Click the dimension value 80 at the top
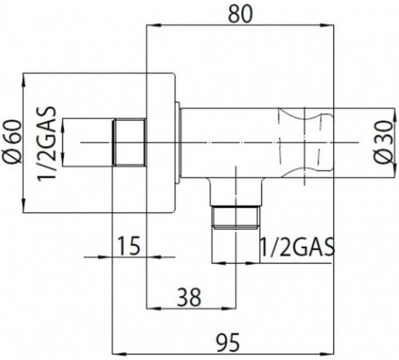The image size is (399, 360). pos(241,14)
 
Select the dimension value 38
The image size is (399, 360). pos(189,297)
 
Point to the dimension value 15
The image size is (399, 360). pos(129,246)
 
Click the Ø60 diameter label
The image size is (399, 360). pos(12,142)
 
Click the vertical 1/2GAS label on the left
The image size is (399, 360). pos(47,143)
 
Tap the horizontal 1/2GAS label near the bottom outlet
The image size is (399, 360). pos(297,247)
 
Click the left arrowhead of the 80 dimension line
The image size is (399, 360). pos(154,25)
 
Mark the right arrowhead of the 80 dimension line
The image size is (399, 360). pos(327,25)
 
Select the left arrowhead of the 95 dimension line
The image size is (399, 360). pos(119,353)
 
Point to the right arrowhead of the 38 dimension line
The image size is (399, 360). pos(229,308)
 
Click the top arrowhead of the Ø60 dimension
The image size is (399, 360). pos(24,80)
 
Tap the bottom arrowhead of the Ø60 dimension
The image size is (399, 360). pos(24,205)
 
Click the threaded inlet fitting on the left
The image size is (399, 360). pos(129,142)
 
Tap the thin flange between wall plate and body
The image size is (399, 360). pos(178,142)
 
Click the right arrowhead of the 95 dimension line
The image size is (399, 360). pos(327,353)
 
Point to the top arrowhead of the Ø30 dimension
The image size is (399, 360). pos(394,115)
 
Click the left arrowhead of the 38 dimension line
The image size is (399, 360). pos(154,308)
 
